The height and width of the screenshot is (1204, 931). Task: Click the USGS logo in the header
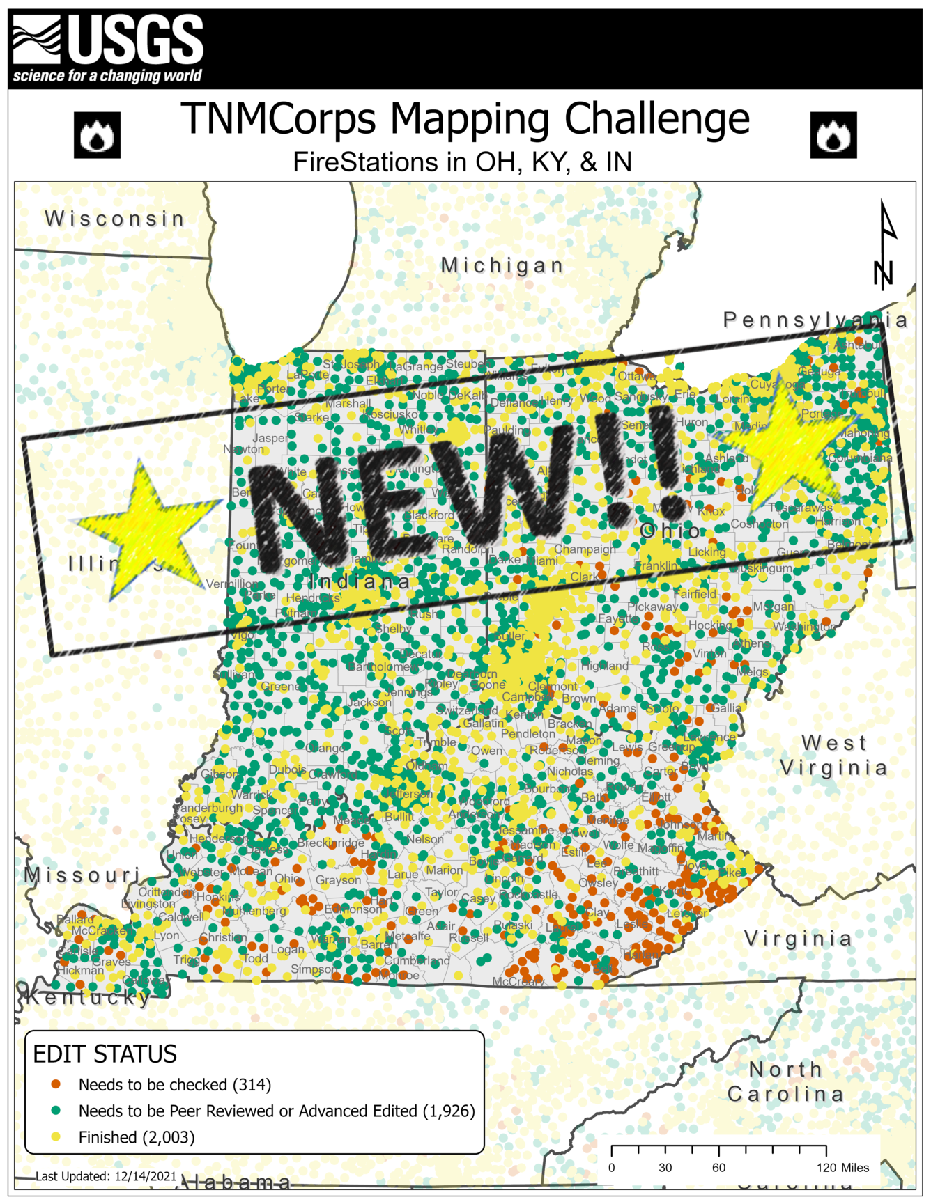[x=108, y=49]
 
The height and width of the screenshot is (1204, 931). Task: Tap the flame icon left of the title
[x=97, y=135]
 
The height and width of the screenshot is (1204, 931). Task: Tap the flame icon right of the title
[x=833, y=135]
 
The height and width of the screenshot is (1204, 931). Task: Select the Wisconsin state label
[x=115, y=219]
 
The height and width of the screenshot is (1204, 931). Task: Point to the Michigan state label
[x=502, y=265]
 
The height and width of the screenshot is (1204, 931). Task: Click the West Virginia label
[x=833, y=756]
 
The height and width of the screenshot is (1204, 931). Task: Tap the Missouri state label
[x=82, y=875]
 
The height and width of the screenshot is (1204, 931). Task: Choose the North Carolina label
[x=785, y=1081]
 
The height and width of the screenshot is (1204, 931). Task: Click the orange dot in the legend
[x=56, y=1084]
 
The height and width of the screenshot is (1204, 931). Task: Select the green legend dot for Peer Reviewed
[x=56, y=1111]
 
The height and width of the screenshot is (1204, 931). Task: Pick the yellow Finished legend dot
[x=56, y=1137]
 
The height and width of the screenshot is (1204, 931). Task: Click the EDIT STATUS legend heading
[x=105, y=1054]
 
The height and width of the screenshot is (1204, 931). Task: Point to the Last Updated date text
[x=106, y=1176]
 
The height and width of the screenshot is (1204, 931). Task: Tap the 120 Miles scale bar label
[x=842, y=1168]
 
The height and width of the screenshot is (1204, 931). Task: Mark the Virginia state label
[x=798, y=939]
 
